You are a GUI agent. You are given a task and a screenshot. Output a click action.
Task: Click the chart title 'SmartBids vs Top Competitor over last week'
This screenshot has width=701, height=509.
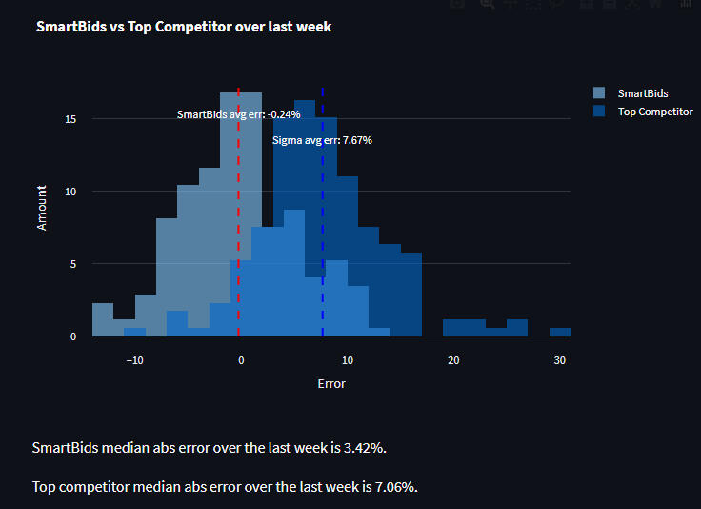183,27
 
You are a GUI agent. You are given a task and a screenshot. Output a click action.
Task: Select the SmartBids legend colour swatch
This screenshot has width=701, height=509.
598,93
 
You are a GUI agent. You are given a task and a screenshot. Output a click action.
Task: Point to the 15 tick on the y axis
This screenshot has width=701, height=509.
71,119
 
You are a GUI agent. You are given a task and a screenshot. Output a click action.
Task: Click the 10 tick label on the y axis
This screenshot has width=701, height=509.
71,192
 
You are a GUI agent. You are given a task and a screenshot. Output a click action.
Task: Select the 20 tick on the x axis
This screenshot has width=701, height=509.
453,360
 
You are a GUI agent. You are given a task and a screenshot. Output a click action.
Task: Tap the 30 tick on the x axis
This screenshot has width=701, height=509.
560,360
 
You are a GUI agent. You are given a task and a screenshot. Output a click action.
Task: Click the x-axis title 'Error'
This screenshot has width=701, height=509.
331,384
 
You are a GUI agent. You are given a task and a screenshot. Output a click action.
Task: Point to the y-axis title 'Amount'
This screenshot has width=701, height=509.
42,207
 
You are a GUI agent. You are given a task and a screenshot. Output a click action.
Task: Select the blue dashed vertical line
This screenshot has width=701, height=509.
322,219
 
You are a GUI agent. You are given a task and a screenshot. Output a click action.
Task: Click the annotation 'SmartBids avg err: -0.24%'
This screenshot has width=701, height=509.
239,114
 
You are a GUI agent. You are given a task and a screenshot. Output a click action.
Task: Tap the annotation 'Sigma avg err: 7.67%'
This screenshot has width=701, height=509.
322,140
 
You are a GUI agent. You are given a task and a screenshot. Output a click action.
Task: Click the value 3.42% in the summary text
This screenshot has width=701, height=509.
363,447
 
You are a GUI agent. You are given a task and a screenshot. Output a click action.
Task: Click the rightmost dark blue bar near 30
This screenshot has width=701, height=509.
560,332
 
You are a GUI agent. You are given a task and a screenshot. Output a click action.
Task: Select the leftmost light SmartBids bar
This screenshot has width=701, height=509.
103,320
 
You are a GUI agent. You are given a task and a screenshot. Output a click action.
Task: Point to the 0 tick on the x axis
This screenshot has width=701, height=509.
241,360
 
